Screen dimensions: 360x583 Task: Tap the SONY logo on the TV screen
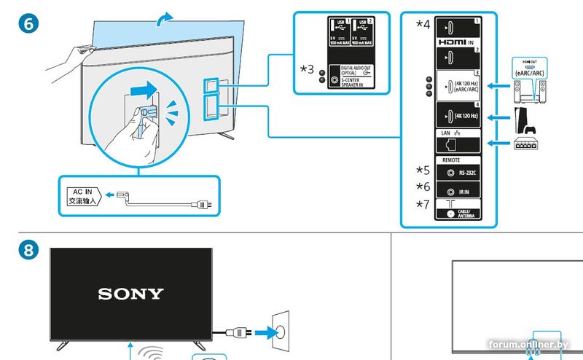[131, 294]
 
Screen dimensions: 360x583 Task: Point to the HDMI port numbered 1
[451, 30]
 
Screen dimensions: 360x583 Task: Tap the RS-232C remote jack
[451, 173]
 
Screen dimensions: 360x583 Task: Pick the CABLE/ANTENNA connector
[451, 214]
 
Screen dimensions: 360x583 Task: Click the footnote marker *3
[308, 69]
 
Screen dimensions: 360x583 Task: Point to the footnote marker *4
[423, 24]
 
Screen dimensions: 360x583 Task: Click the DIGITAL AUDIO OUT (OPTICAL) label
[351, 71]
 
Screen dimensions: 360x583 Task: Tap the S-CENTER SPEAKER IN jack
[334, 83]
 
